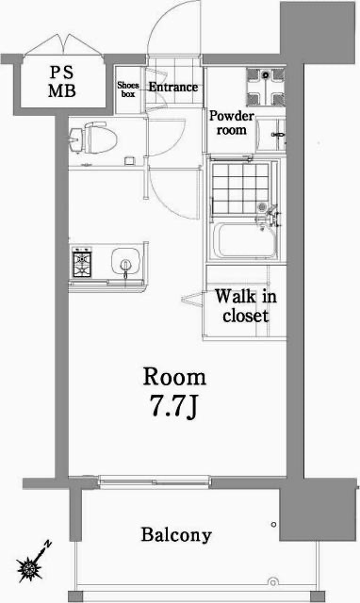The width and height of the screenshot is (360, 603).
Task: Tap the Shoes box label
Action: coord(127,90)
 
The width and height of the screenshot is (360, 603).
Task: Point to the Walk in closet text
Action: coord(244,305)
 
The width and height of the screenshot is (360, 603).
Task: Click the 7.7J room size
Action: coord(174,409)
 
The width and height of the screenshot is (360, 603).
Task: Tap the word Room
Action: coord(174,378)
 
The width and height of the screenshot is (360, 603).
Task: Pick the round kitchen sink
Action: coord(122,262)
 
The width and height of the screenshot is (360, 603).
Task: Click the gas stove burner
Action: coord(82,262)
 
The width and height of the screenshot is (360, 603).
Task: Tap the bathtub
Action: coord(242,241)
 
